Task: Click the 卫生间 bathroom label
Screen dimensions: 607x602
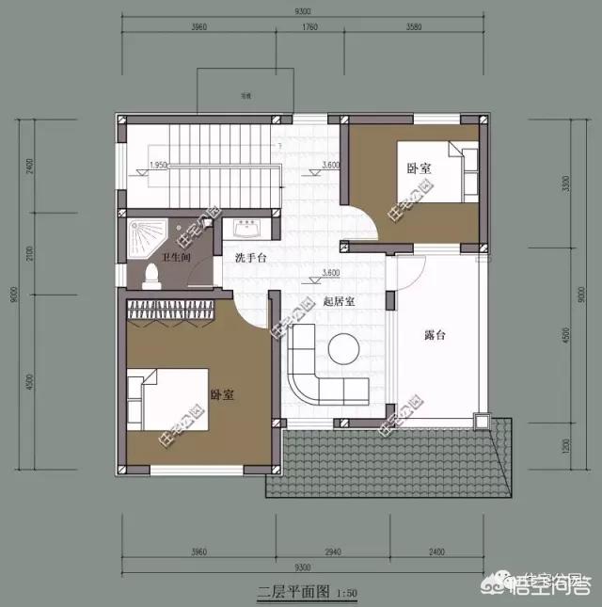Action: tap(150, 257)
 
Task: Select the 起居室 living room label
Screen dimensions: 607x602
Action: tap(338, 302)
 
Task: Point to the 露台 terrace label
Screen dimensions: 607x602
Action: tap(434, 334)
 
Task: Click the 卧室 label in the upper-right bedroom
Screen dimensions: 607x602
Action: tap(419, 168)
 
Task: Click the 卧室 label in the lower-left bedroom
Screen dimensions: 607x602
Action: tap(222, 396)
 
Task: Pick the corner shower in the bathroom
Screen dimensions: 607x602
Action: tap(144, 232)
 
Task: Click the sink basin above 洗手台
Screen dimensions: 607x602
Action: tap(249, 229)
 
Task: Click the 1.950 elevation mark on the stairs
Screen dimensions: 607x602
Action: tap(159, 165)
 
